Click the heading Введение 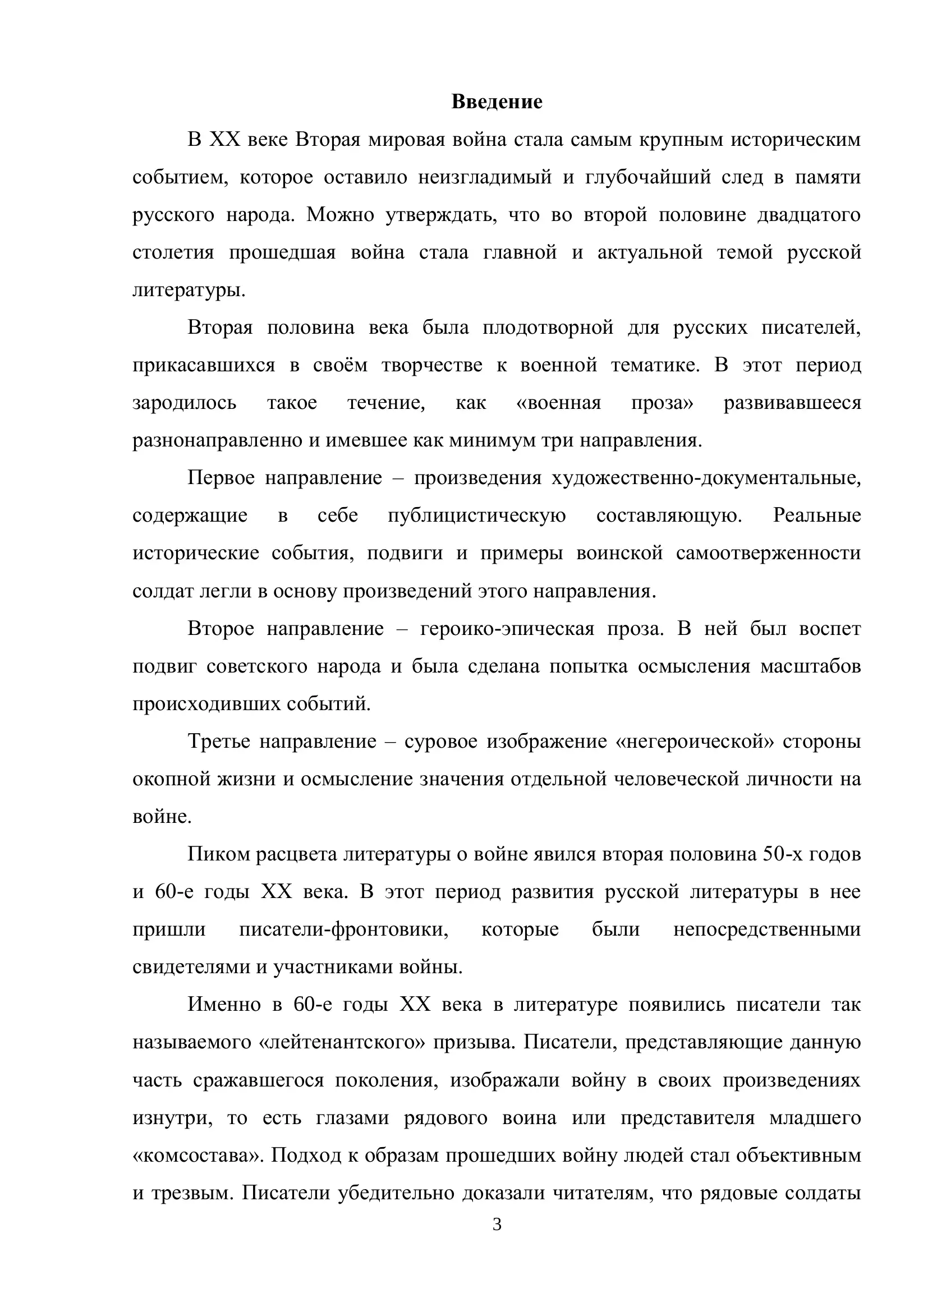coord(497,102)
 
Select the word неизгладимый coord(485,178)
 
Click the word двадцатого coord(808,215)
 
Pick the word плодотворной coord(548,328)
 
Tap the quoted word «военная coord(558,403)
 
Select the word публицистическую coord(476,515)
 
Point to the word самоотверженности coord(768,553)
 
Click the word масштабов coord(810,666)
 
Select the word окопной coord(169,780)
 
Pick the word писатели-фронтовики coord(343,929)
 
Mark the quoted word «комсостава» coord(197,1156)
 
